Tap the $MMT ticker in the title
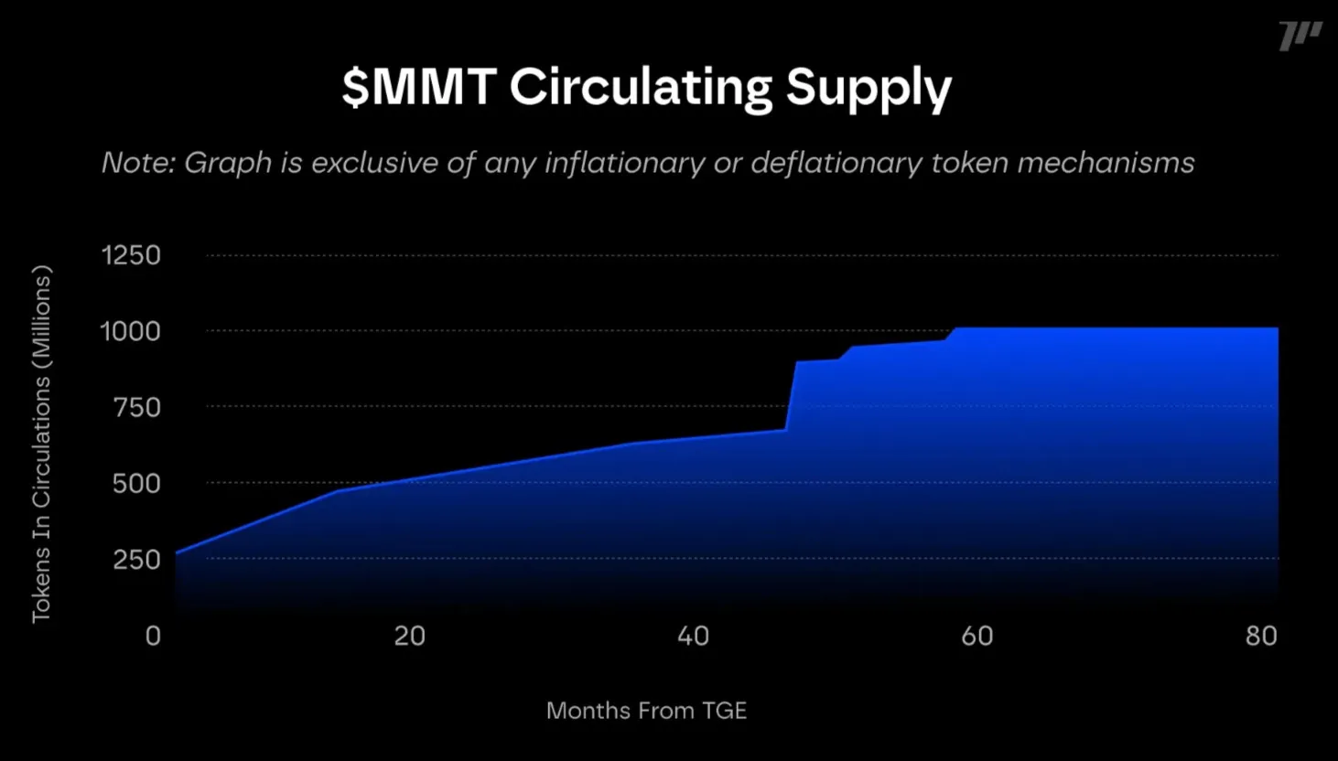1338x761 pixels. point(419,87)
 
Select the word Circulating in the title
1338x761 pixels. point(641,88)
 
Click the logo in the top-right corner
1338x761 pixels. point(1300,37)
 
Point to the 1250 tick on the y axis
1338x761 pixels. point(131,255)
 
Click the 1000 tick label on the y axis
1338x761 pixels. point(130,331)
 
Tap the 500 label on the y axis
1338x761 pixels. point(136,483)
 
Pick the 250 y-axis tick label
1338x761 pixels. point(136,559)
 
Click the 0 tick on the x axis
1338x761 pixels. point(153,636)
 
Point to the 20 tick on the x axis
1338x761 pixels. point(409,636)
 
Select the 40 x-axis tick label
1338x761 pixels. point(693,636)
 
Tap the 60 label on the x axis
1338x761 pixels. point(977,636)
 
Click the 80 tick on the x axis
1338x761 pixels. point(1261,636)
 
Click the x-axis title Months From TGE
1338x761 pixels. point(646,711)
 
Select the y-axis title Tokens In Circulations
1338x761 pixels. point(42,445)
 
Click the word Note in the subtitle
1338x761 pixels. point(136,163)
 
